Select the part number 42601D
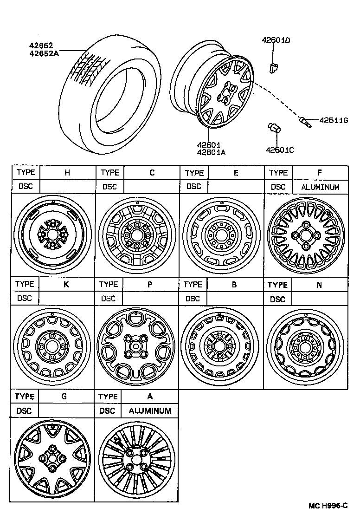276,40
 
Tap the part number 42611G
333,120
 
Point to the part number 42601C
280,150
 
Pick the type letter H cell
67,173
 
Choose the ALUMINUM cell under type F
320,187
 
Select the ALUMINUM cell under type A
150,411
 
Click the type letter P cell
149,284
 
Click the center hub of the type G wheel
52,459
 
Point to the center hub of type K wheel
52,346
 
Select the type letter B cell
234,284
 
